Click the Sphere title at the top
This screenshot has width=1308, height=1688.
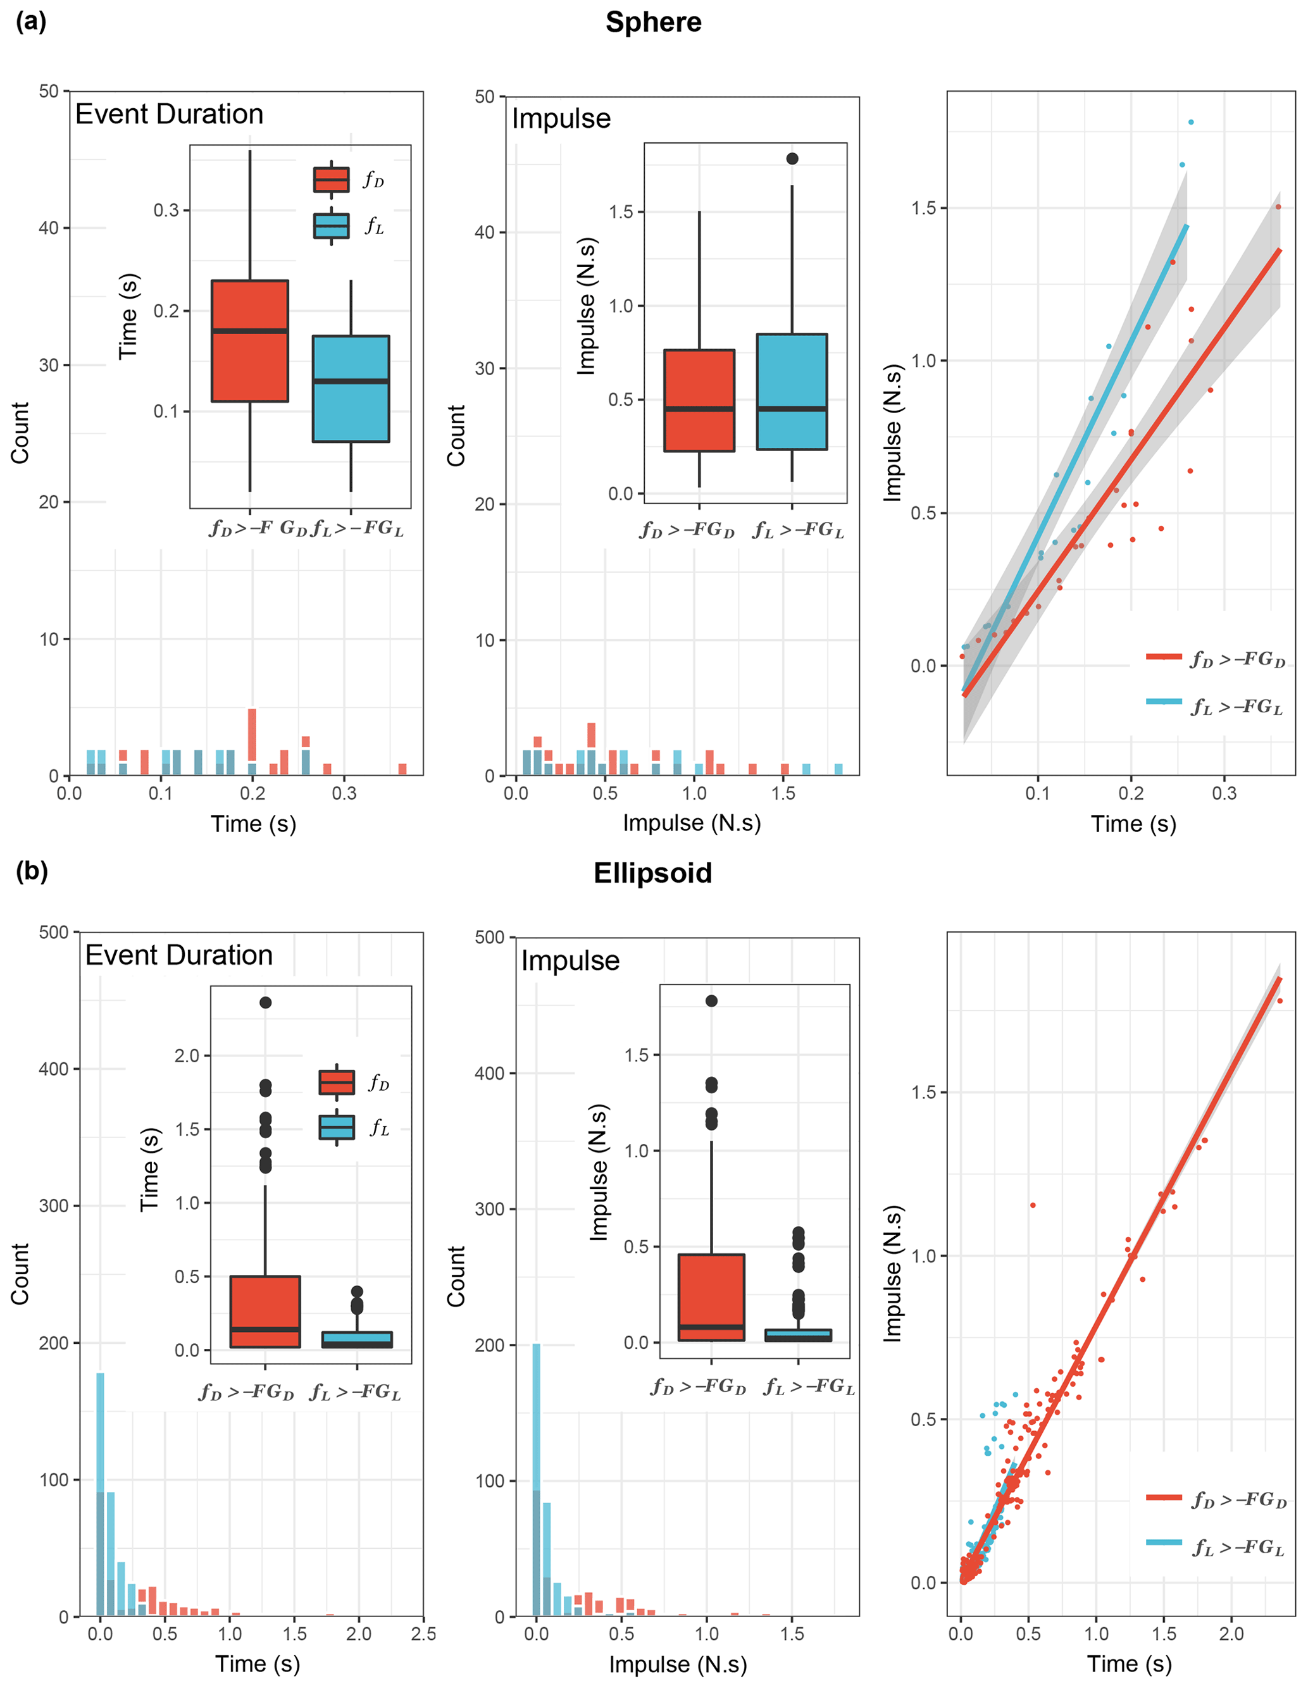[653, 22]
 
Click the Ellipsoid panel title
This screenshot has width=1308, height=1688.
[652, 873]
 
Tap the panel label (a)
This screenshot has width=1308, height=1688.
[31, 22]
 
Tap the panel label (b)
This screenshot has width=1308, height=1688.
[32, 871]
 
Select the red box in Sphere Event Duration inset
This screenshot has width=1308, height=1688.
[250, 341]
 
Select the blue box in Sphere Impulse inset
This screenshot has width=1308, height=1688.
[792, 391]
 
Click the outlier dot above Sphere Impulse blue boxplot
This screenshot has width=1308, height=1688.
[792, 158]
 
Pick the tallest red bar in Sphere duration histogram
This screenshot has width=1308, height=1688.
[252, 740]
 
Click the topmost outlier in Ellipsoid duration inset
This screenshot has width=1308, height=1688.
[265, 1002]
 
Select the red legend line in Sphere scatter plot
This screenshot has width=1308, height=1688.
[1164, 657]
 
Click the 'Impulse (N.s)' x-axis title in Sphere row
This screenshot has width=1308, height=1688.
[692, 823]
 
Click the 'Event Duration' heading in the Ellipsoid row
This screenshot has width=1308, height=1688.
[178, 955]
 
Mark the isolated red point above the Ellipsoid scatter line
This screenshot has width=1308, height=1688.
[1033, 1205]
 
